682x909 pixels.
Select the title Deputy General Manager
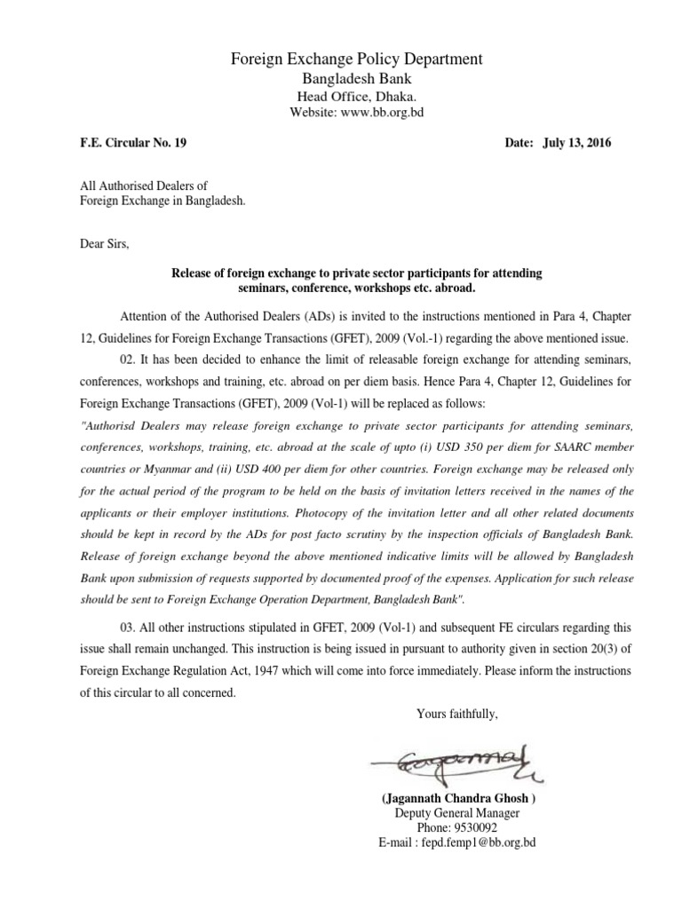point(457,813)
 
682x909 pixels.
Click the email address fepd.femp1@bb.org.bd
point(484,842)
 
